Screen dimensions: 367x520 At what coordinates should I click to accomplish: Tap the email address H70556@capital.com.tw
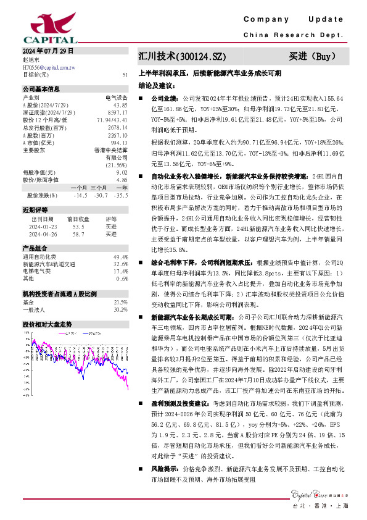[x=49, y=67]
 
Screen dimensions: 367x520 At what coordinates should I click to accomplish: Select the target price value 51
[x=125, y=75]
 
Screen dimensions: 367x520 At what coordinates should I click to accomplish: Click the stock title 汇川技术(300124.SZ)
[x=178, y=57]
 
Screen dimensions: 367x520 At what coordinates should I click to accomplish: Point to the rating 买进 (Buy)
[x=312, y=57]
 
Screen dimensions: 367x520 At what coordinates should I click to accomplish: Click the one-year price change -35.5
[x=121, y=195]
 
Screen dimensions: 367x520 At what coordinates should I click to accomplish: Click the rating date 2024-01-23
[x=43, y=227]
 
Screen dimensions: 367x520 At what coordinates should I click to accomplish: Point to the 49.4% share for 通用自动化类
[x=120, y=256]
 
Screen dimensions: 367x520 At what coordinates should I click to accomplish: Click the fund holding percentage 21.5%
[x=120, y=302]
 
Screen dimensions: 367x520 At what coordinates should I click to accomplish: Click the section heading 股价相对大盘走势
[x=47, y=324]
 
